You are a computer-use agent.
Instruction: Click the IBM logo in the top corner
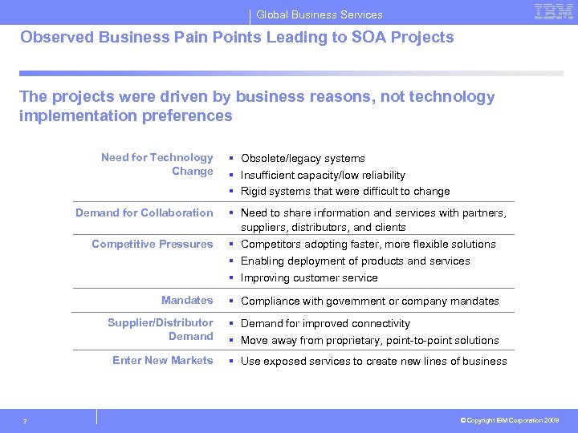[x=553, y=13]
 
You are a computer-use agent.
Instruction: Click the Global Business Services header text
[x=319, y=14]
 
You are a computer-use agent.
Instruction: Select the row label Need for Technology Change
[x=157, y=164]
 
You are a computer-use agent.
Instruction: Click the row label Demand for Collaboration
[x=144, y=212]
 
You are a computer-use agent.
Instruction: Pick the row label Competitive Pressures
[x=153, y=244]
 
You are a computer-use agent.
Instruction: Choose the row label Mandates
[x=187, y=300]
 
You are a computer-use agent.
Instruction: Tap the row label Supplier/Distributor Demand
[x=161, y=330]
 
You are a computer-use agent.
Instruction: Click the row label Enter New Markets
[x=163, y=360]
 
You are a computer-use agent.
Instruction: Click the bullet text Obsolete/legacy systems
[x=303, y=159]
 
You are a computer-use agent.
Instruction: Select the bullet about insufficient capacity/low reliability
[x=323, y=175]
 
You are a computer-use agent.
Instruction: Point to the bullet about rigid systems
[x=345, y=192]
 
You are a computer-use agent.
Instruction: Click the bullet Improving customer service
[x=309, y=278]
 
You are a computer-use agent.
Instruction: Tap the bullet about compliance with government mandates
[x=369, y=301]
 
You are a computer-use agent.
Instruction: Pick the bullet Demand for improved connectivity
[x=325, y=324]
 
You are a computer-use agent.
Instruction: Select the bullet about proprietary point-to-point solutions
[x=369, y=341]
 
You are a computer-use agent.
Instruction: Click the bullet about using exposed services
[x=373, y=362]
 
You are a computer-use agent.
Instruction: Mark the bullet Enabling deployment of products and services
[x=355, y=261]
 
